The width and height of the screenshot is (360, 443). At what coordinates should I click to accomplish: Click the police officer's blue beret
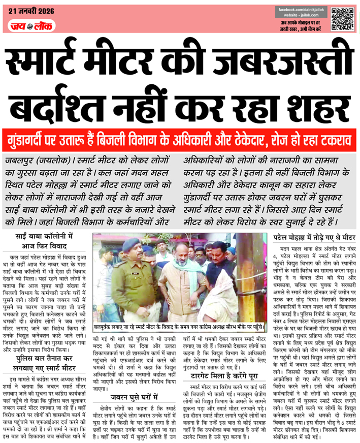pyautogui.click(x=130, y=244)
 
